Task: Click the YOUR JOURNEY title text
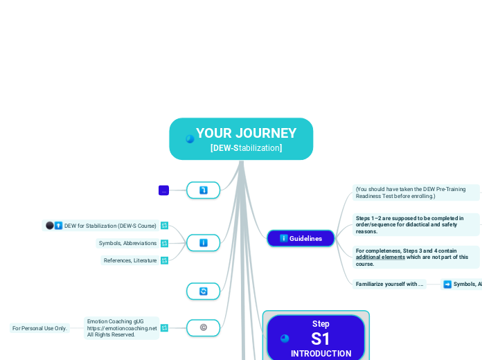246,133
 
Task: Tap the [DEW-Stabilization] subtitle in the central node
246,148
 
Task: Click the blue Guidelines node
301,238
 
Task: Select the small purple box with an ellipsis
164,190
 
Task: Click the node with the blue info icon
203,243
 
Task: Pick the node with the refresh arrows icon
203,291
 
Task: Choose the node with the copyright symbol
203,327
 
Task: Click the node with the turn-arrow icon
203,190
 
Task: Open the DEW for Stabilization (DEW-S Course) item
109,226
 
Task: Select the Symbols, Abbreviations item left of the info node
127,243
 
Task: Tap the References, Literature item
130,260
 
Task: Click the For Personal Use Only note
39,328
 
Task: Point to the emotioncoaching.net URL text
122,328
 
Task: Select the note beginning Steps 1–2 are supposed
410,224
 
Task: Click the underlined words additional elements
380,257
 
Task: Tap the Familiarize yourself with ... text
389,284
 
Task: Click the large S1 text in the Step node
321,339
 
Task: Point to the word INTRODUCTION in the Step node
321,354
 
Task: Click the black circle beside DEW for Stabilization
49,226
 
